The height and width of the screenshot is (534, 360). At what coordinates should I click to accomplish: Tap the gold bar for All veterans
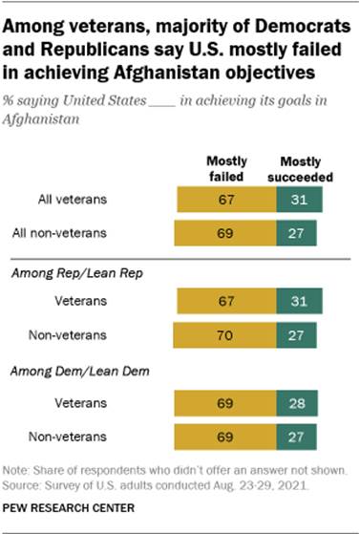224,199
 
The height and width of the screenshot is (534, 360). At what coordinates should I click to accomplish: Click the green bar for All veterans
297,199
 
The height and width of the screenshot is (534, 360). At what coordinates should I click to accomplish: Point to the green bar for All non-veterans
295,232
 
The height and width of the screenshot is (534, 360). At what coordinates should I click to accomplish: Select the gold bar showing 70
222,336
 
